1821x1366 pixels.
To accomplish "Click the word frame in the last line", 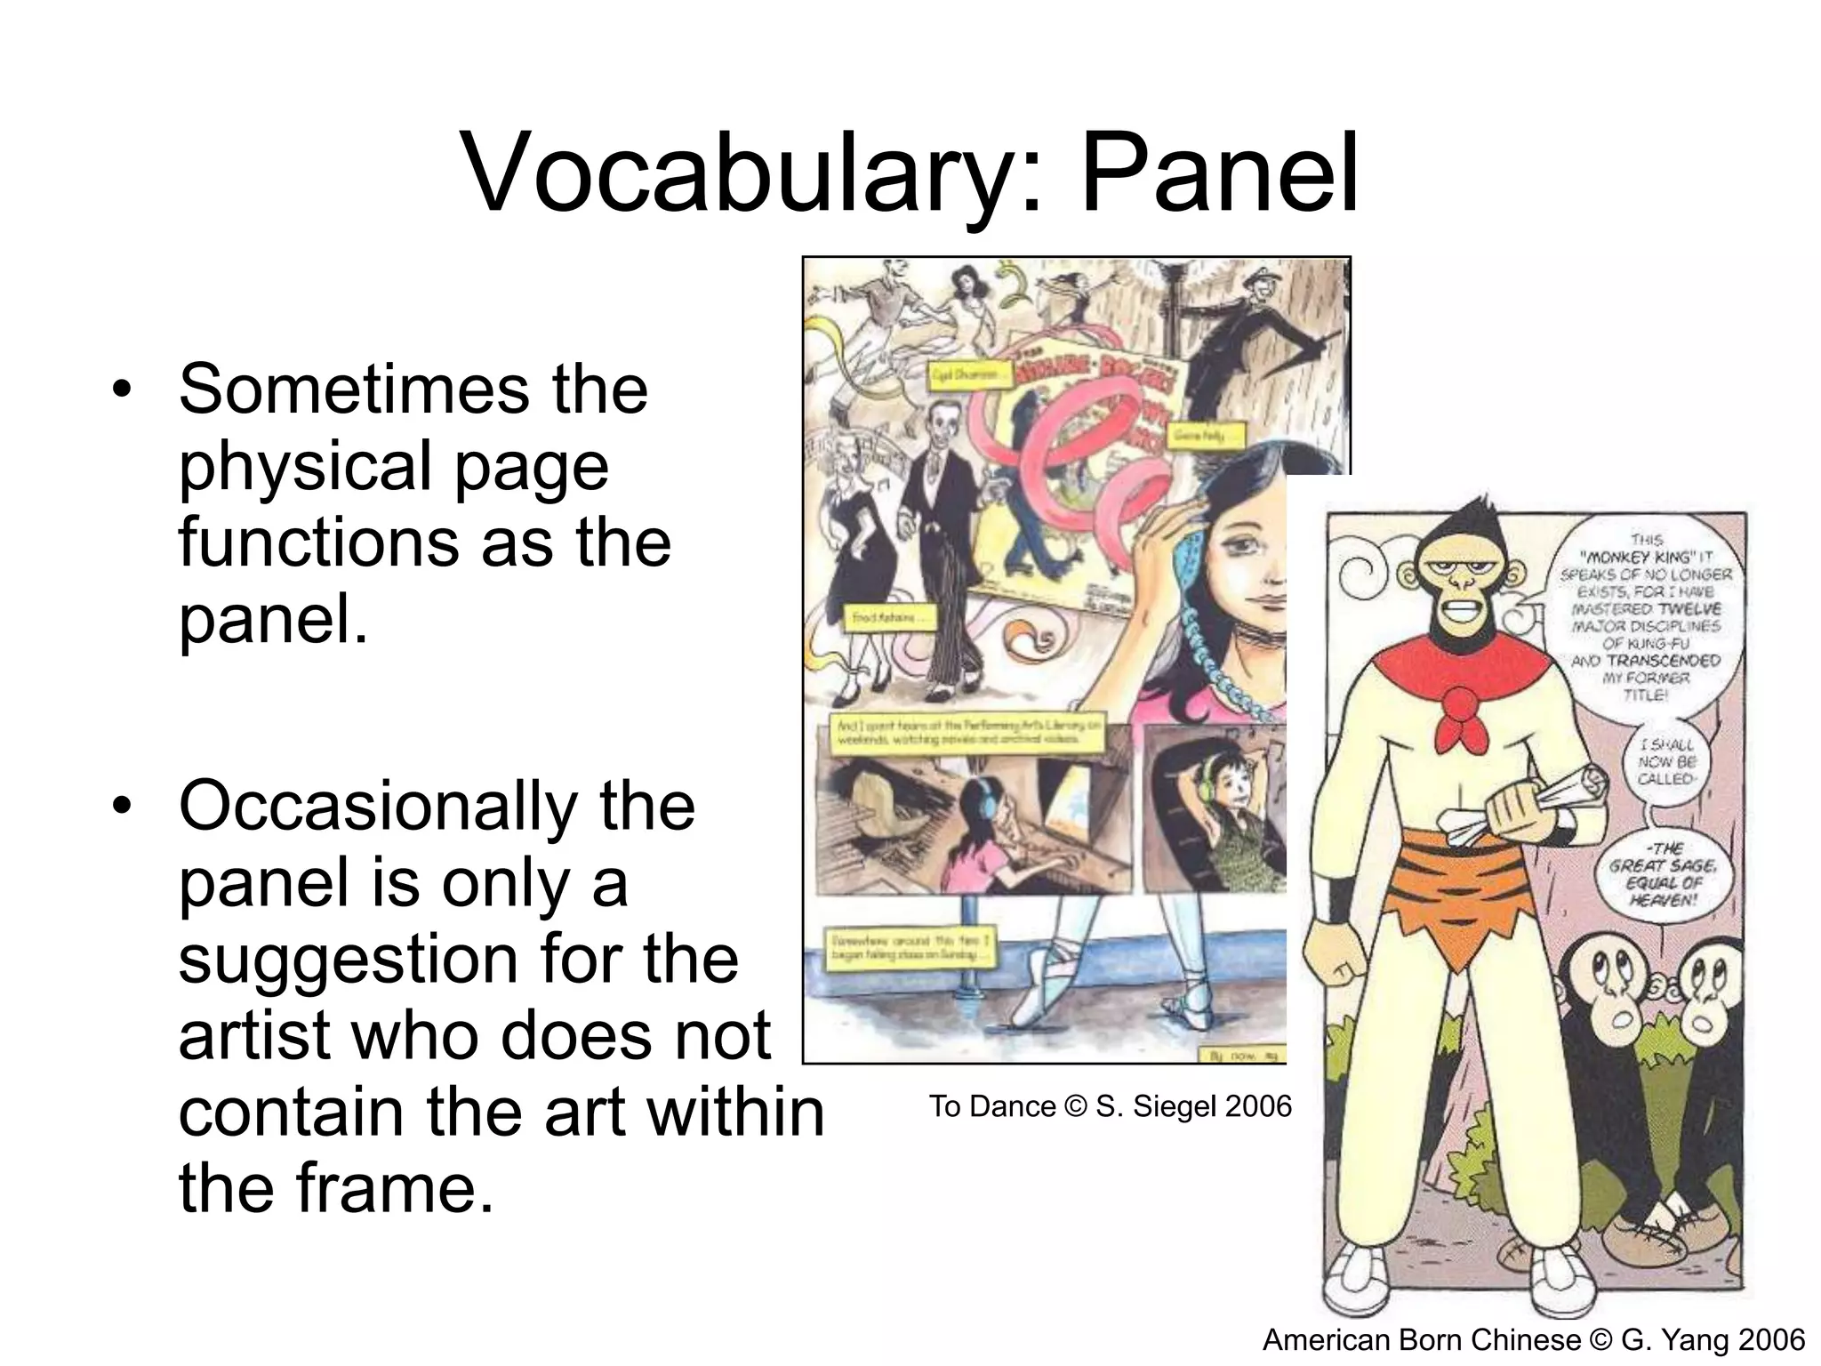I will tap(379, 1188).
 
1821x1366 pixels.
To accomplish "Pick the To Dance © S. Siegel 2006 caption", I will tap(1110, 1106).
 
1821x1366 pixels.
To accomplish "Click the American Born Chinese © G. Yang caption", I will tap(1533, 1339).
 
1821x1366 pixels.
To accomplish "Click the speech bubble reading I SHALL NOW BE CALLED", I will tap(1665, 761).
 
